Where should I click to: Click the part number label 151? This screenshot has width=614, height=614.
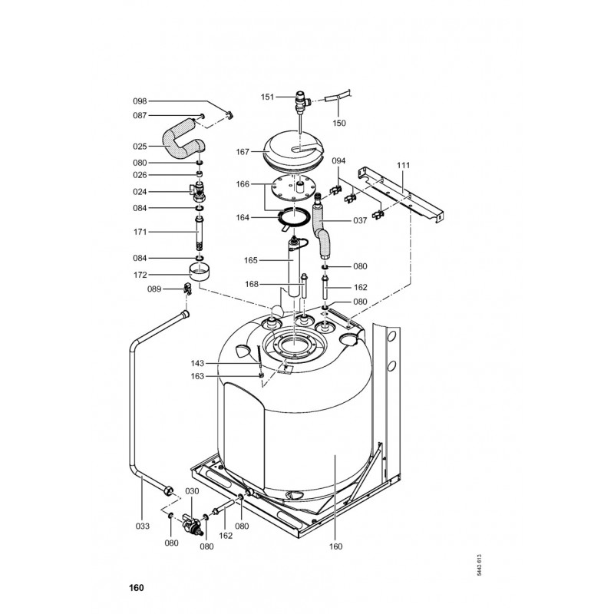(x=267, y=97)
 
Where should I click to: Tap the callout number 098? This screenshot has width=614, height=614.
(x=140, y=101)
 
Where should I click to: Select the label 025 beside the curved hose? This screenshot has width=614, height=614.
(x=140, y=147)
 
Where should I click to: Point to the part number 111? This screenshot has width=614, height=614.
(x=403, y=165)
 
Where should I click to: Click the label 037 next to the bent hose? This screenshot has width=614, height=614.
(x=360, y=220)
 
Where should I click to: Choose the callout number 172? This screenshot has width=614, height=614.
(x=140, y=275)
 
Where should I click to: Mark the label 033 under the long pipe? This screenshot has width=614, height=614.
(x=143, y=526)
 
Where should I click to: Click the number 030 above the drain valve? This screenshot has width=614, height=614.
(x=192, y=491)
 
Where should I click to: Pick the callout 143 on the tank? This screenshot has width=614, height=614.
(x=197, y=363)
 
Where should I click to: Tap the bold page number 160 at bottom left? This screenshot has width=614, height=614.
(x=137, y=588)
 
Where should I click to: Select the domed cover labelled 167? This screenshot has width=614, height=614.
(x=294, y=150)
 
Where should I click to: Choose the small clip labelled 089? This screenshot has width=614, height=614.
(x=187, y=289)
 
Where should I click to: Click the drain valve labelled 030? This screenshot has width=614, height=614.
(x=191, y=524)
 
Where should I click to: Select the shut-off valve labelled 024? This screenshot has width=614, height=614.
(x=199, y=191)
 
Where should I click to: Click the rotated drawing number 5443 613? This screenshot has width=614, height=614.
(x=479, y=565)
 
